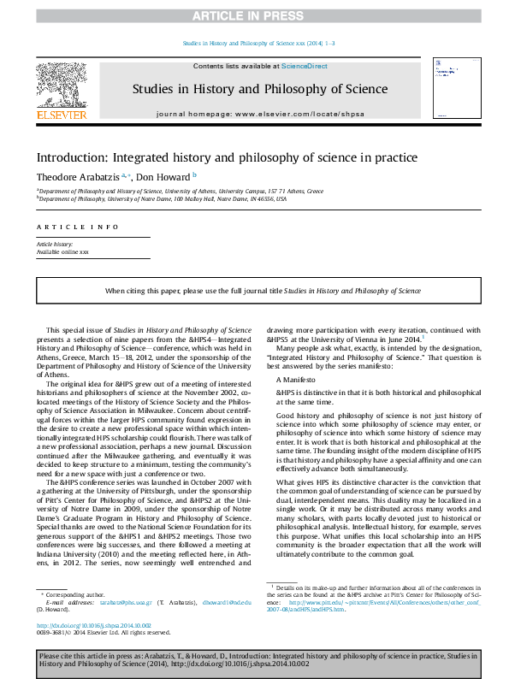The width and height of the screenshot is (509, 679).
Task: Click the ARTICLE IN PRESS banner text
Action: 253,15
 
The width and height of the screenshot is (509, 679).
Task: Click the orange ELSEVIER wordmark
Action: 61,115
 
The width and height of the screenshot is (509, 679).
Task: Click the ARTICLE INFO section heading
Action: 77,227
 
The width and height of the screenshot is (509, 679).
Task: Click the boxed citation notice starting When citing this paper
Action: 254,292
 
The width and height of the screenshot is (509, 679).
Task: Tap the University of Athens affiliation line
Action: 181,192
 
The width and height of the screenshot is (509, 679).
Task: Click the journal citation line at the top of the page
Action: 254,44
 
